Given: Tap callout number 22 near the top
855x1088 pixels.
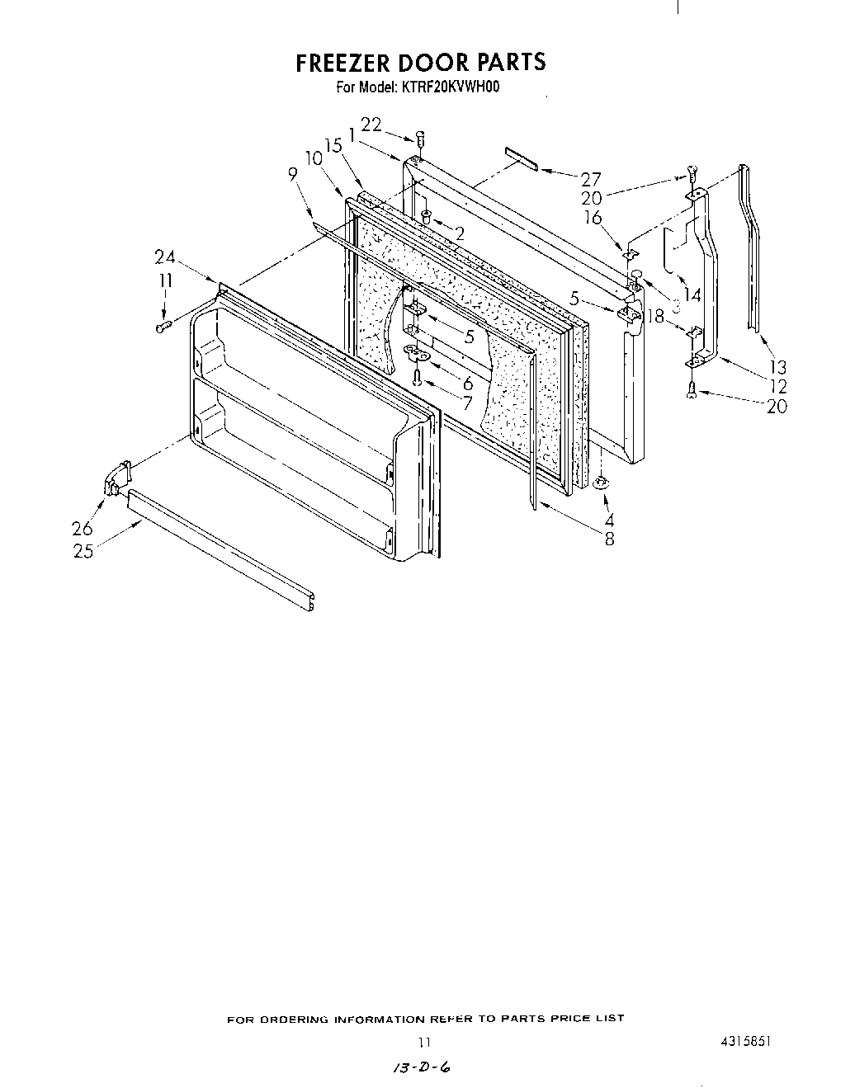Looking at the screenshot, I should click(x=371, y=125).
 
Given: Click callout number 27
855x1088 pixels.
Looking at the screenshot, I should click(x=591, y=179).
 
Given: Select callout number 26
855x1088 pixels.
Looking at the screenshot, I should click(x=83, y=529).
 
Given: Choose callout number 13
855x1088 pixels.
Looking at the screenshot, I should click(x=777, y=368).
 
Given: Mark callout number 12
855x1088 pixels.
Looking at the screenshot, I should click(x=777, y=386).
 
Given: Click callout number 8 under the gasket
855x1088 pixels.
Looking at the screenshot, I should click(x=609, y=540).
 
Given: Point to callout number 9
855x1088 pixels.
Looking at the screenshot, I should click(x=292, y=174).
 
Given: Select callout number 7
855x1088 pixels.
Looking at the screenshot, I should click(x=467, y=403).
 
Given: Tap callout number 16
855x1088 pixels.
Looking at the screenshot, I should click(x=593, y=218).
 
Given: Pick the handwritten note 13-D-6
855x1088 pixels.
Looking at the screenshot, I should click(x=422, y=1068).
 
